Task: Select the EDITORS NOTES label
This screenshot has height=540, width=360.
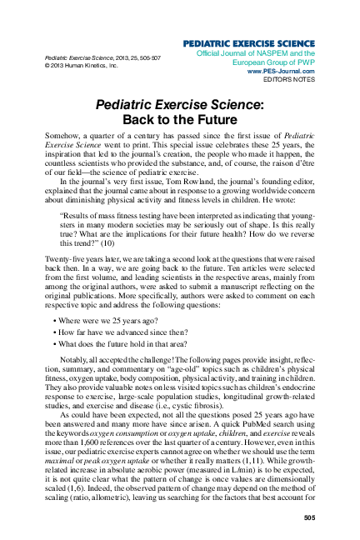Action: coord(287,80)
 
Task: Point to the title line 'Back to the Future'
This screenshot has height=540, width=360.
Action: coord(179,119)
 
